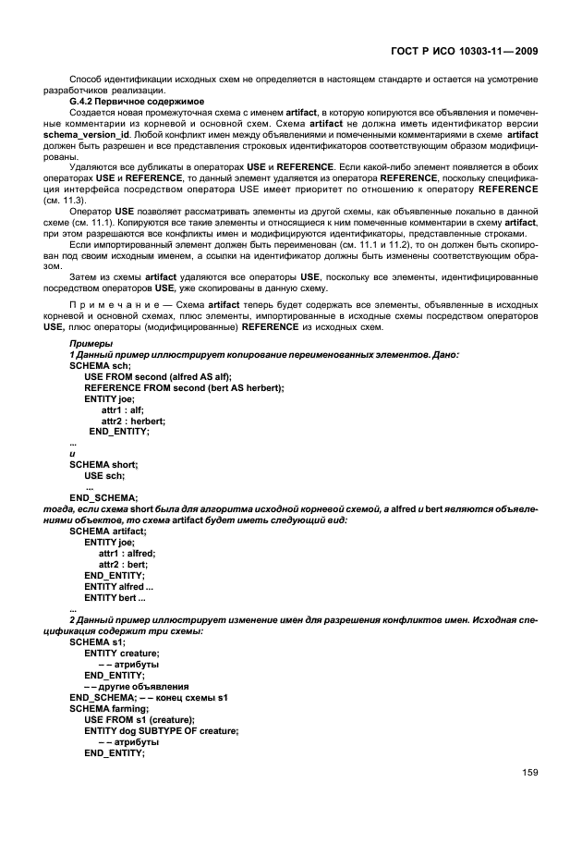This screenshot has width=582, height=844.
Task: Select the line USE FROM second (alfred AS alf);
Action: [158, 377]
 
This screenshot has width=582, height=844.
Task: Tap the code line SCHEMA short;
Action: [103, 464]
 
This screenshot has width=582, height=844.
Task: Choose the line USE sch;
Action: [103, 475]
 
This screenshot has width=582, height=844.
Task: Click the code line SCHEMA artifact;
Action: [107, 531]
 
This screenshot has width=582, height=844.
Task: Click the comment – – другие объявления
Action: [137, 686]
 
